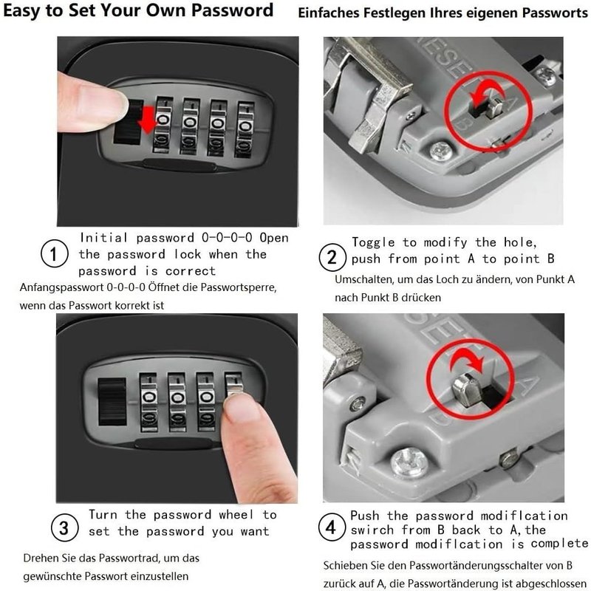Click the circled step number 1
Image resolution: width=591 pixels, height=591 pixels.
[55, 253]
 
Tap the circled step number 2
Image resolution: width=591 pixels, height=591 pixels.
[332, 257]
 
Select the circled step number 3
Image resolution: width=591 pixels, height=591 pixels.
[64, 527]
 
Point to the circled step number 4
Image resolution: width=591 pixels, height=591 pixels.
[331, 527]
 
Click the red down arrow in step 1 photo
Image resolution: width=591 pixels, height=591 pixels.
[147, 119]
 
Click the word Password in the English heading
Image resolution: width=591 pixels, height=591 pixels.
[232, 10]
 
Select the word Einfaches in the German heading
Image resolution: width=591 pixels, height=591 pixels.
[328, 13]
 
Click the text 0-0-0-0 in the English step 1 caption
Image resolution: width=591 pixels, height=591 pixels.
[227, 237]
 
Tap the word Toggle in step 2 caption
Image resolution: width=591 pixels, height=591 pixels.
[373, 242]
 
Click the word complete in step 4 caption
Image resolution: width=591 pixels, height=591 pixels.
[559, 544]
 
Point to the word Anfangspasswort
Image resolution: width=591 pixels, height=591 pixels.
[62, 287]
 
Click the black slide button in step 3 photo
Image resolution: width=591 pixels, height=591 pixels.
[112, 402]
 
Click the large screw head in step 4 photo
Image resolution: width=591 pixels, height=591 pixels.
[409, 462]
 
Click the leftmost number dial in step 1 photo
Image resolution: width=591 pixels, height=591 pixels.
[162, 125]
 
